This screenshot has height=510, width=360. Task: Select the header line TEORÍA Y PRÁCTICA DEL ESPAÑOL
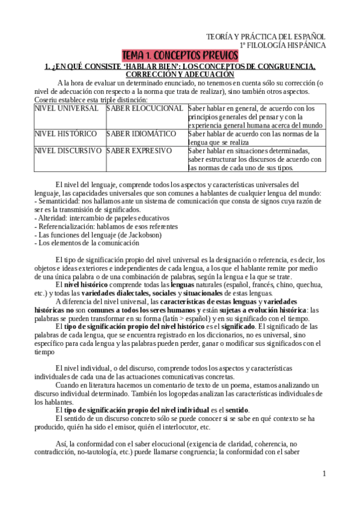[x=266, y=36]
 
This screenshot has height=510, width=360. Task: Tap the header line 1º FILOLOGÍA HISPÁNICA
[x=283, y=45]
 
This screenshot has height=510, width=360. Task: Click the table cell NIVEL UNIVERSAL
[x=66, y=108]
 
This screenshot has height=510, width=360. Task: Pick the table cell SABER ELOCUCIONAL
[x=145, y=108]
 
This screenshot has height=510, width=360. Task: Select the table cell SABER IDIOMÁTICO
[x=141, y=134]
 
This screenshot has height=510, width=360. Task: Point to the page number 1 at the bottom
[x=324, y=474]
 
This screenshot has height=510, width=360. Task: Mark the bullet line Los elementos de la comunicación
[x=89, y=243]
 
